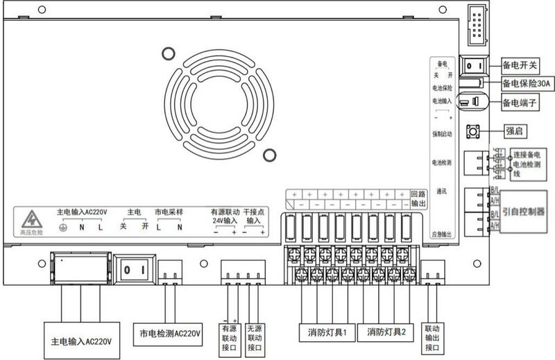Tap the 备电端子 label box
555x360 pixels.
point(520,102)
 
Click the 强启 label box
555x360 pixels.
point(514,130)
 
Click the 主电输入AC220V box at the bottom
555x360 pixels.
point(82,341)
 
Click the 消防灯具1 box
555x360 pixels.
point(327,332)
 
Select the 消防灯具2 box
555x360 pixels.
point(386,332)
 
